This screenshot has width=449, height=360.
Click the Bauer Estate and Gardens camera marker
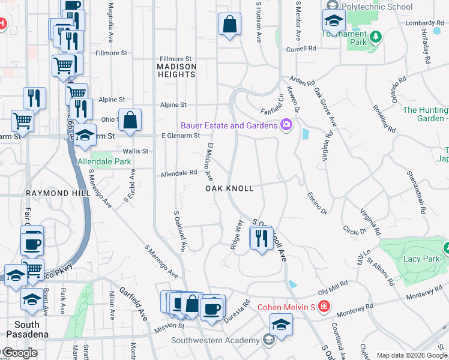click(x=286, y=125)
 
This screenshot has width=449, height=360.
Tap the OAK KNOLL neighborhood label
click(x=229, y=188)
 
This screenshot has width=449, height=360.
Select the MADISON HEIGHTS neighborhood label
click(x=176, y=70)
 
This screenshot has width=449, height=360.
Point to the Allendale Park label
click(x=104, y=162)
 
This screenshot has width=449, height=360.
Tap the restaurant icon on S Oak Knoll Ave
click(x=261, y=239)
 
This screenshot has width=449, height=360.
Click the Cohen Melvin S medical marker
click(x=324, y=307)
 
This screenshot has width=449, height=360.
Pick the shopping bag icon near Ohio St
click(x=130, y=121)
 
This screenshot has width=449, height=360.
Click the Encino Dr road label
click(x=316, y=202)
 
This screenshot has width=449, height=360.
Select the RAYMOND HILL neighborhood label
click(x=58, y=193)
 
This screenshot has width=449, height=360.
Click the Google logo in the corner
click(x=20, y=353)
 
